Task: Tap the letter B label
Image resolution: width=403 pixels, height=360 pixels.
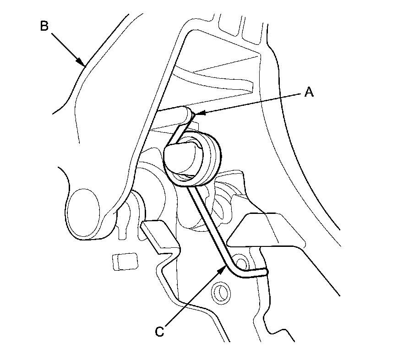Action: click(44, 26)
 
